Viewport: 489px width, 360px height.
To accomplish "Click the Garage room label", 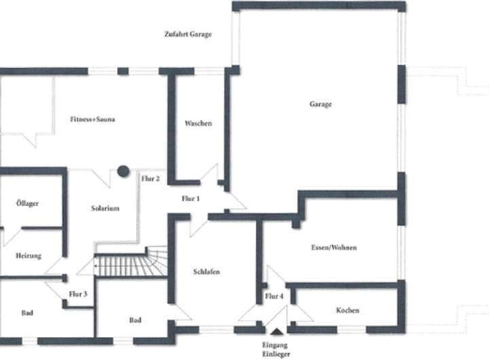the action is pyautogui.click(x=320, y=105).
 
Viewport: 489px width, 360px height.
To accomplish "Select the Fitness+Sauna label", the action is pyautogui.click(x=92, y=120).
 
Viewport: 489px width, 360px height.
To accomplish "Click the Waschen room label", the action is pyautogui.click(x=198, y=124).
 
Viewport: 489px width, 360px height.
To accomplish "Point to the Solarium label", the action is pyautogui.click(x=105, y=209).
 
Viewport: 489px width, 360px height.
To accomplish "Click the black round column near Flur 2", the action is pyautogui.click(x=123, y=171).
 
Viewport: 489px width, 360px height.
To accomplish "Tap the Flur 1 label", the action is pyautogui.click(x=192, y=198).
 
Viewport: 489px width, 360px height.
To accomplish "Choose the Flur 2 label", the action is pyautogui.click(x=150, y=179).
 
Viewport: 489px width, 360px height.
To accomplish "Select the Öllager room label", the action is pyautogui.click(x=27, y=203).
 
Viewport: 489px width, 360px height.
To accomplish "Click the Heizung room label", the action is pyautogui.click(x=29, y=255).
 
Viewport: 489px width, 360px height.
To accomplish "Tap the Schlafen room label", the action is pyautogui.click(x=206, y=272).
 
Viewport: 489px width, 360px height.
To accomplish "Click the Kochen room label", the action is pyautogui.click(x=347, y=310).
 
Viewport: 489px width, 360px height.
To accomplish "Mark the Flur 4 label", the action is pyautogui.click(x=274, y=296).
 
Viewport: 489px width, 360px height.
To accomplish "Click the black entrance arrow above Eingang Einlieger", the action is pyautogui.click(x=276, y=331).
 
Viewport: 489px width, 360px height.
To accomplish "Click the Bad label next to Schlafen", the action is pyautogui.click(x=135, y=320).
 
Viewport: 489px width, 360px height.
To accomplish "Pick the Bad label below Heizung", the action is pyautogui.click(x=27, y=313).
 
